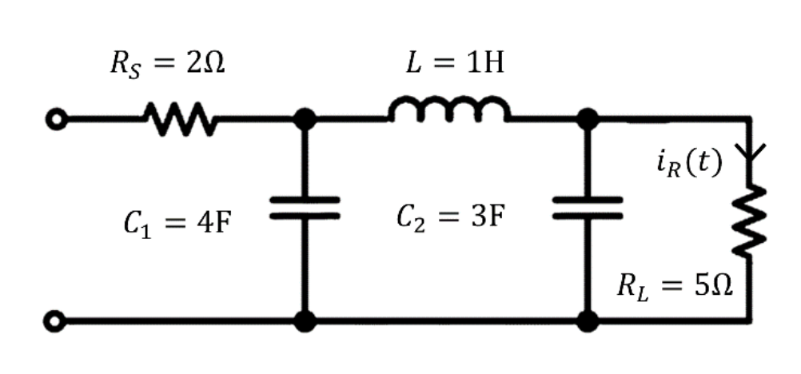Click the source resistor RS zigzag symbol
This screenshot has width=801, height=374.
click(x=177, y=121)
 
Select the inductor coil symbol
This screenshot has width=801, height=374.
click(x=448, y=112)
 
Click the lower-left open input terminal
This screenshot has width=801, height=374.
click(x=54, y=322)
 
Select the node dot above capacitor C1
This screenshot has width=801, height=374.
click(x=304, y=121)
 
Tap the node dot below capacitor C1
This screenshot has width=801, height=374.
click(x=304, y=322)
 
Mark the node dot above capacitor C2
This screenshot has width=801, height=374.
click(x=588, y=121)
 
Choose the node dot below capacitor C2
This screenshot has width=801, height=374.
click(x=588, y=322)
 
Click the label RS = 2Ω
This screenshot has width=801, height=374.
click(x=167, y=66)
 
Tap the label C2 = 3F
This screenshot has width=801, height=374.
click(x=450, y=217)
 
